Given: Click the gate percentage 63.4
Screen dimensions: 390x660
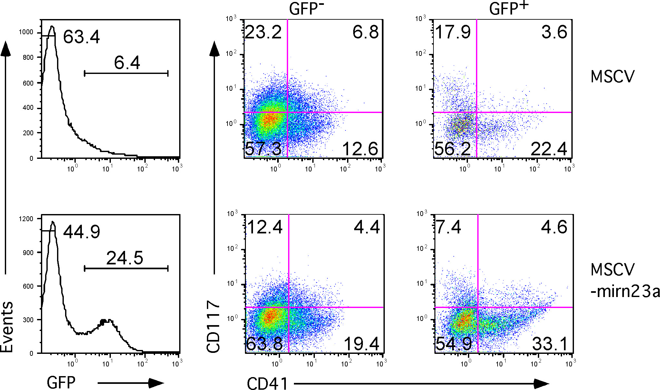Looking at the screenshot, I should click(x=82, y=37).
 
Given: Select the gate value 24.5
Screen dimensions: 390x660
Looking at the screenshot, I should click(x=125, y=258).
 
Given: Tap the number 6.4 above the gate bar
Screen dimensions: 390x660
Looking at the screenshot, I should click(x=127, y=63).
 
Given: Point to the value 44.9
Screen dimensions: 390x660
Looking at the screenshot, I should click(x=82, y=232).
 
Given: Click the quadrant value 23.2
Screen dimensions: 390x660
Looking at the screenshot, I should click(x=263, y=32).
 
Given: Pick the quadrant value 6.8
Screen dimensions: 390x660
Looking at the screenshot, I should click(x=365, y=32).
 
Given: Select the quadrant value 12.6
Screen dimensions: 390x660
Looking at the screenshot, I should click(x=360, y=149).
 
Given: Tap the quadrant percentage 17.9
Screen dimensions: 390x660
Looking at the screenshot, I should click(x=453, y=32).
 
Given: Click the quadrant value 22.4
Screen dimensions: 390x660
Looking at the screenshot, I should click(x=549, y=149).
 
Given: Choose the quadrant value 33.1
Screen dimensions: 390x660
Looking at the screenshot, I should click(x=550, y=344).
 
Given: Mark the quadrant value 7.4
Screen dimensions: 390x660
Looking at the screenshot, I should click(x=449, y=227).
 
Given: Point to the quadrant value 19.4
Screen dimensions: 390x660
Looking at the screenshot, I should click(x=362, y=344).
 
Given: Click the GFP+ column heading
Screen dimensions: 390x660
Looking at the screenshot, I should click(x=509, y=8).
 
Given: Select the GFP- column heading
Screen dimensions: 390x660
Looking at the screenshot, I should click(x=306, y=8).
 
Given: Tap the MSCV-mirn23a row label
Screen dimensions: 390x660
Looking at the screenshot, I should click(x=625, y=280).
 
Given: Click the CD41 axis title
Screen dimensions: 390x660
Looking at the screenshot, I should click(x=267, y=384).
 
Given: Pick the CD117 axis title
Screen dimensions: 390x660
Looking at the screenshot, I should click(x=213, y=326).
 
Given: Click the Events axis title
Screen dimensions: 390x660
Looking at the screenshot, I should click(x=7, y=327).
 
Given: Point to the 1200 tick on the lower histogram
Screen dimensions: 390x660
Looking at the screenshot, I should click(x=26, y=219).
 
